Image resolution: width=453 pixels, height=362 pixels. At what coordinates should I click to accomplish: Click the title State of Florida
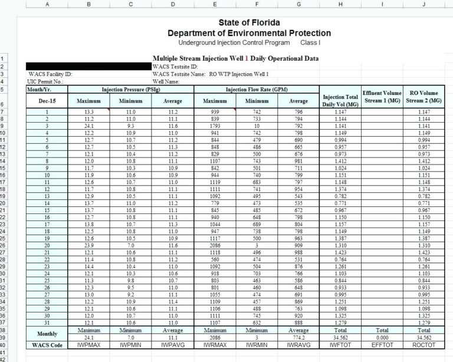(249, 23)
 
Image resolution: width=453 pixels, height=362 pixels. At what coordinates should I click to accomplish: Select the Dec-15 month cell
(47, 101)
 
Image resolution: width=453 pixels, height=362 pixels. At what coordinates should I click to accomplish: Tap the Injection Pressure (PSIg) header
(130, 90)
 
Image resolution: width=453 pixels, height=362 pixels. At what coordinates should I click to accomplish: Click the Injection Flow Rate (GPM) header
(257, 90)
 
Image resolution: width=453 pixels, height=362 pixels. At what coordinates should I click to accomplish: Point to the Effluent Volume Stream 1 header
(382, 97)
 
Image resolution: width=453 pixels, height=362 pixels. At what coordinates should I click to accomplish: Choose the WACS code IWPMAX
(88, 345)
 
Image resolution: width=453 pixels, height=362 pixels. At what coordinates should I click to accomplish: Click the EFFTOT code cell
(382, 345)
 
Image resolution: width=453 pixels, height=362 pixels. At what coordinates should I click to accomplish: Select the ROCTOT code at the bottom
(423, 345)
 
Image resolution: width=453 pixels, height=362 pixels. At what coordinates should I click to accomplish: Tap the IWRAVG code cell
(298, 345)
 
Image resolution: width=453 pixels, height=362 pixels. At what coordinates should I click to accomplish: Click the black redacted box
(88, 67)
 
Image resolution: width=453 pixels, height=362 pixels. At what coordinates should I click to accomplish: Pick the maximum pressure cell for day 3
(88, 126)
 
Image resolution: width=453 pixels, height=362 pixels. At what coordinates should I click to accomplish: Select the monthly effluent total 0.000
(382, 338)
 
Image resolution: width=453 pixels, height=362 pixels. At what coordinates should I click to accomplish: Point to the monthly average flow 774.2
(298, 338)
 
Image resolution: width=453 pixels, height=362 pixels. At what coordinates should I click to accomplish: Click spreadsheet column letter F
(257, 5)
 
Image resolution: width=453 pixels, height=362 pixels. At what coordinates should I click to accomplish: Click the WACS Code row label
(47, 345)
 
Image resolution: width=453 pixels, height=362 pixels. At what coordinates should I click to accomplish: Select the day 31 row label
(47, 324)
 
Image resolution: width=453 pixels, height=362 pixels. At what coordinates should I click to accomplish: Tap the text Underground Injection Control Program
(234, 42)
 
